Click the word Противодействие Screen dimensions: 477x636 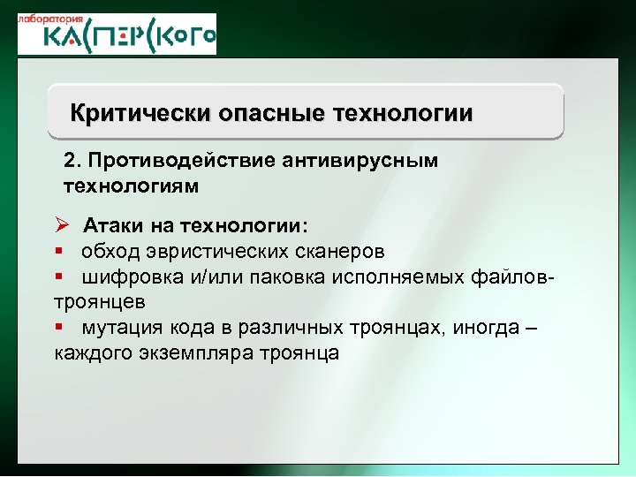pos(178,163)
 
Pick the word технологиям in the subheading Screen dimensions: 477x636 pos(132,186)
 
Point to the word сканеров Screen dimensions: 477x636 pos(335,251)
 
